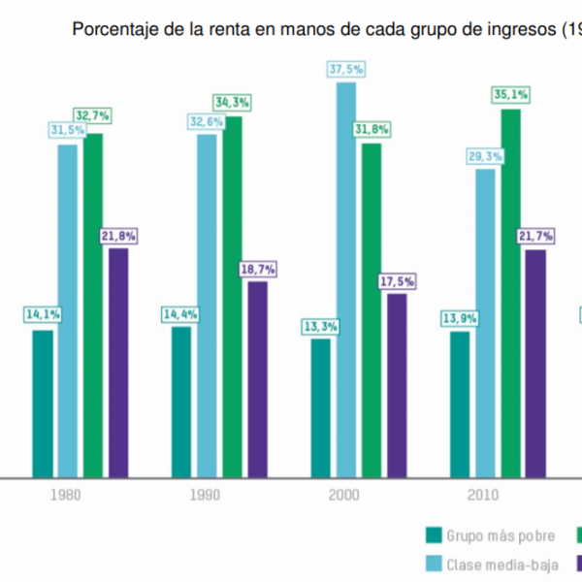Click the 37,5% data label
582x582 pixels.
tap(345, 70)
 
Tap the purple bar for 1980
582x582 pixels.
tap(118, 363)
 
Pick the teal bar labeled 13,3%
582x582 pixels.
tap(320, 407)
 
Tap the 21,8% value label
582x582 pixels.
tap(118, 236)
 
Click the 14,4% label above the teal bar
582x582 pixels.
tap(180, 314)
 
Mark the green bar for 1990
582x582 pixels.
tap(233, 297)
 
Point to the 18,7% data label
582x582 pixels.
tap(258, 269)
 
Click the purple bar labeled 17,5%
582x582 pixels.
tap(397, 385)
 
